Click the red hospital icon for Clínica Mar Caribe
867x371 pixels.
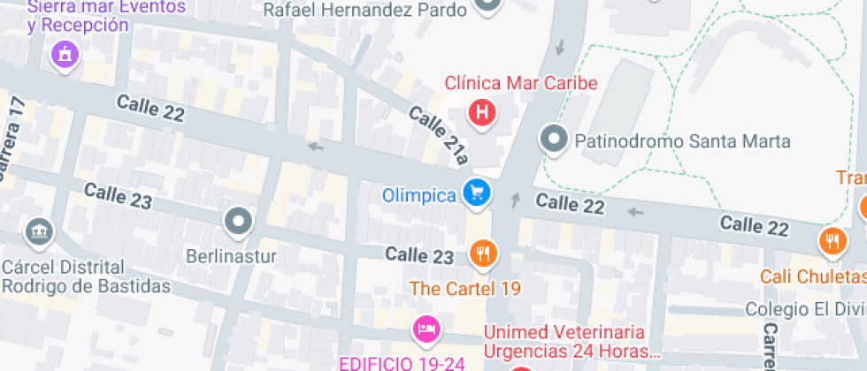point(482,112)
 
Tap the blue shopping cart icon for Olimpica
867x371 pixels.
point(477,192)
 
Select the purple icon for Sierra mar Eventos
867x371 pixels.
point(65,57)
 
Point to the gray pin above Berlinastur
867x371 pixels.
point(239,222)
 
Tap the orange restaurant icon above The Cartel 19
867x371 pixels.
point(482,254)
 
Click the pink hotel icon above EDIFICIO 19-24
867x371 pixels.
point(426,330)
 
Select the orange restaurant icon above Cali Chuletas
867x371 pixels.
point(832,240)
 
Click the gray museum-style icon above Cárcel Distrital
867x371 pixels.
point(39,232)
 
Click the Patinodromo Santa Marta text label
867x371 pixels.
point(682,140)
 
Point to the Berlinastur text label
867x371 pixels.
point(232,258)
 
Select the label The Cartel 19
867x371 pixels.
point(464,288)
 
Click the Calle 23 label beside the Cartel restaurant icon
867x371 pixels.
point(419,255)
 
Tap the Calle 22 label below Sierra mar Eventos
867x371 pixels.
point(150,110)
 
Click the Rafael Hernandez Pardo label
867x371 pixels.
point(365,11)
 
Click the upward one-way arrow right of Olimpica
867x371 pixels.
point(516,200)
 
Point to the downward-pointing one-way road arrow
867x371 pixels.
point(558,46)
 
